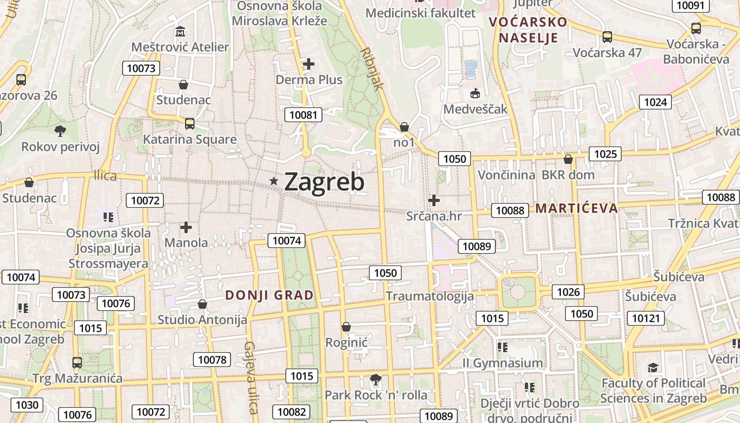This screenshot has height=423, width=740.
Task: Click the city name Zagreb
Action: [x=324, y=182]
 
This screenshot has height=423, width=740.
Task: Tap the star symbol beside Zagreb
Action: [x=274, y=181]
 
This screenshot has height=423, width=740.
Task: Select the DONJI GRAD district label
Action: [x=270, y=295]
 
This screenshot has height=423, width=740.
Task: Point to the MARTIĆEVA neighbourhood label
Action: [x=577, y=208]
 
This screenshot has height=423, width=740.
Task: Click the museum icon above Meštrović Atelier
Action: [x=180, y=32]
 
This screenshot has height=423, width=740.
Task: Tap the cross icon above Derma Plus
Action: [x=309, y=64]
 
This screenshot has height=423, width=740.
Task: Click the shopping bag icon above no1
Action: [x=404, y=127]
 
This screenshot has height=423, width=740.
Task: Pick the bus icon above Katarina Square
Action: [x=190, y=124]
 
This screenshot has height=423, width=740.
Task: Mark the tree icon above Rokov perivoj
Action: [x=60, y=131]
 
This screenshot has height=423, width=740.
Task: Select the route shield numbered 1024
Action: [x=655, y=102]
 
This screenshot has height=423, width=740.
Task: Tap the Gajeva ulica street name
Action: [x=251, y=378]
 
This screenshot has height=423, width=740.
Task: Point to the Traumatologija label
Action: [x=430, y=296]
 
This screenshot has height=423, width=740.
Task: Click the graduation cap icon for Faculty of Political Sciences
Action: [x=653, y=367]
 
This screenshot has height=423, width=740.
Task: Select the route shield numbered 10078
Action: [x=212, y=360]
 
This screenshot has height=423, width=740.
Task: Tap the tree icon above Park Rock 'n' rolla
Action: [x=376, y=379]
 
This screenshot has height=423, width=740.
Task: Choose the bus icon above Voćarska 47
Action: [x=607, y=37]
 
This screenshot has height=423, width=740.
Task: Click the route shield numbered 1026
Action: [x=568, y=292]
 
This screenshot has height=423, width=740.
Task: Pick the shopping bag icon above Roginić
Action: [x=346, y=327]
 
